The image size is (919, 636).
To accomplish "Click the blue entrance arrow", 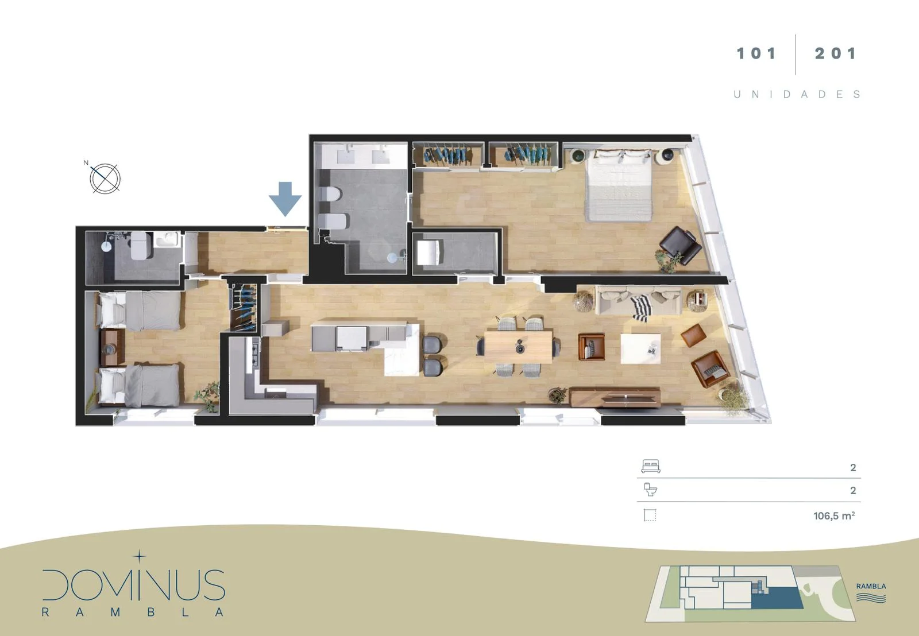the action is pos(285,199).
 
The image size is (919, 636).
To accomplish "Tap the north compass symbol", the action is pos(105,178).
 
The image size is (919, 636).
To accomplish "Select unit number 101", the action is pos(756,53).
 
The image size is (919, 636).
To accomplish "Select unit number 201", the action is pos(836,53).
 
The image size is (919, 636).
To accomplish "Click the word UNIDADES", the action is pos(797,94).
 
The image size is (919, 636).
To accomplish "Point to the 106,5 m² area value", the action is pos(834,515).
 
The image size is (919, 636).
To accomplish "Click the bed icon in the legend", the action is pos(651,466).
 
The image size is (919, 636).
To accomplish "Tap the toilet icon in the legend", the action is pos(651,489).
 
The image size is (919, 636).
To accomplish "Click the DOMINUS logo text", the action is pos(134,585).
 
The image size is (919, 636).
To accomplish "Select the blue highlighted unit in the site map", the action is pos(777,598).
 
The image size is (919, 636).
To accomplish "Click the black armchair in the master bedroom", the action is pos(680,245).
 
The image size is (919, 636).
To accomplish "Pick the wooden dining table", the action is pos(518,347).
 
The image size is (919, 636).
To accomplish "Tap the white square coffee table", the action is pos(640,348).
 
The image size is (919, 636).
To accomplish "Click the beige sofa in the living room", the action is pos(638,301).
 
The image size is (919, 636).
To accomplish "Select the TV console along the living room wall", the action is pos(615,397).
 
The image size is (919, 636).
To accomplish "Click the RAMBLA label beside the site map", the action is pos(871,587).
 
